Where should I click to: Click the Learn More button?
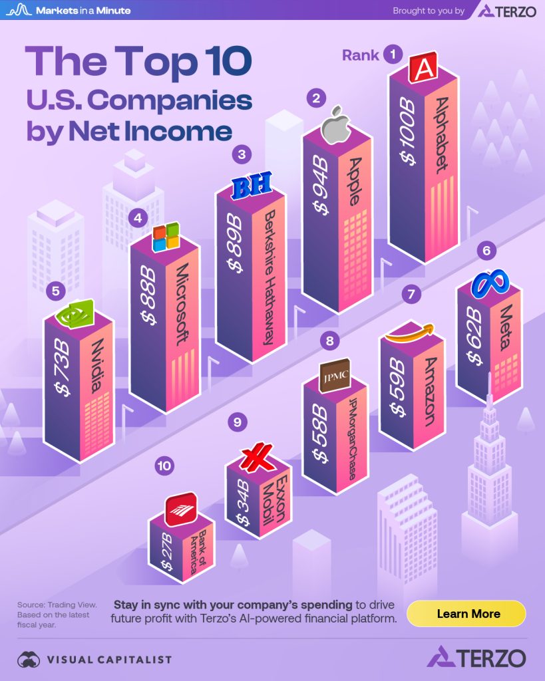[x=466, y=613]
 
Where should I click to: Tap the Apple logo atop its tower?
[x=337, y=124]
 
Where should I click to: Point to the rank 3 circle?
[x=241, y=155]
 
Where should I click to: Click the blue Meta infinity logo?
[x=490, y=285]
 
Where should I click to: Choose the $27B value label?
[x=167, y=551]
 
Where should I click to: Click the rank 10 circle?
[x=164, y=466]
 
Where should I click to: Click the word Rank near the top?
[x=361, y=55]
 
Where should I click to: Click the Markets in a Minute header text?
[x=83, y=11]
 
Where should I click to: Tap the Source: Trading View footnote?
[x=57, y=605]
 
